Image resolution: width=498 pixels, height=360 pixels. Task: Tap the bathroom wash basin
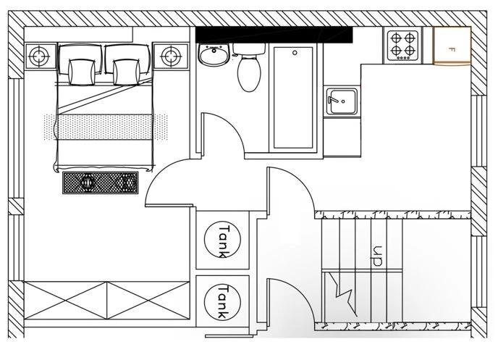213,55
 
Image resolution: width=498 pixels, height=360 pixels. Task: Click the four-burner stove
402,45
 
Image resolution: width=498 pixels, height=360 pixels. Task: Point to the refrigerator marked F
452,46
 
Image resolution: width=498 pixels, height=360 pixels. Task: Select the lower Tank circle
222,301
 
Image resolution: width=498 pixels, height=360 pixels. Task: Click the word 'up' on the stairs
376,256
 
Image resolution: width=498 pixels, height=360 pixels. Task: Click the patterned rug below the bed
100,182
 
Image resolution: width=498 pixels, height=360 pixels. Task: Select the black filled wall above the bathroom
274,34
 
